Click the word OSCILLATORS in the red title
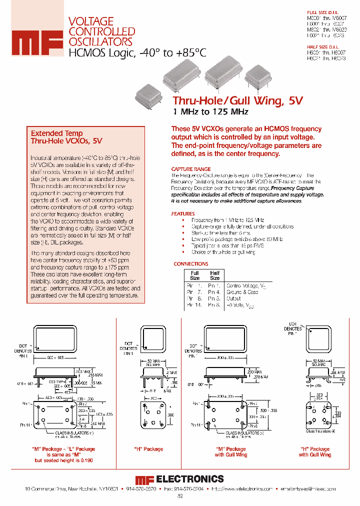click(x=100, y=42)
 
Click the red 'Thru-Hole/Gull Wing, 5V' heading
click(x=237, y=100)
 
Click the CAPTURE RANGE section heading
click(x=191, y=169)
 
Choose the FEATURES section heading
click(x=183, y=213)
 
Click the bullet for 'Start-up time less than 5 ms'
click(x=183, y=233)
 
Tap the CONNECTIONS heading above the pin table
click(x=191, y=263)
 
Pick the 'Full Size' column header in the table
click(x=195, y=275)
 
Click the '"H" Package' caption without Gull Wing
click(x=148, y=449)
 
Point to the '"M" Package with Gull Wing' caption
click(x=230, y=452)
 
